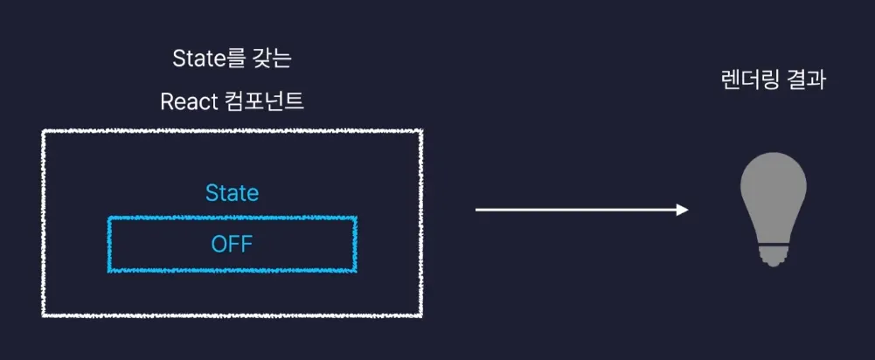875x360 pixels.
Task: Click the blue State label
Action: [232, 192]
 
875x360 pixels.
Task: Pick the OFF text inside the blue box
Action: [232, 245]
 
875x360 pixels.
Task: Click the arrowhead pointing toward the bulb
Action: [683, 210]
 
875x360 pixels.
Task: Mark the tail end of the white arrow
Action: [477, 210]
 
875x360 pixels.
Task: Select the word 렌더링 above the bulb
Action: [746, 80]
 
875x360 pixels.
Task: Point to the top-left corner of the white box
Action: [43, 131]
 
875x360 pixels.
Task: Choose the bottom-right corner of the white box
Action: [422, 315]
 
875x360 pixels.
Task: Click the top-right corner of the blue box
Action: [356, 218]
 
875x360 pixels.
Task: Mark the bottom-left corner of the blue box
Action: [109, 271]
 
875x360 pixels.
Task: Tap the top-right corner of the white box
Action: [422, 131]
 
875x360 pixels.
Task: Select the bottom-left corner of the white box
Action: [43, 315]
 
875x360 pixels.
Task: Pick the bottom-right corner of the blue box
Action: [356, 271]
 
